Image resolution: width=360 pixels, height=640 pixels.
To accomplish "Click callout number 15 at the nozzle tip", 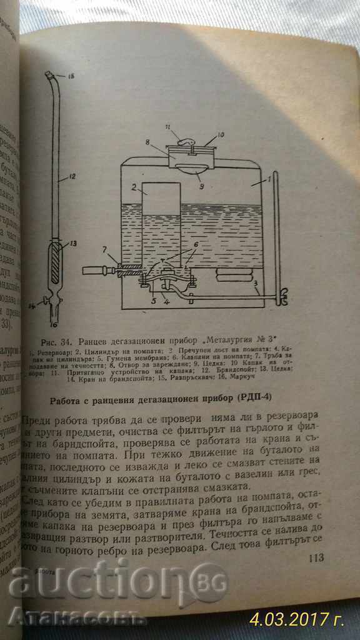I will pyautogui.click(x=70, y=77).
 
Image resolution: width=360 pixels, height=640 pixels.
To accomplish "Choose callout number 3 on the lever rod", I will pyautogui.click(x=256, y=284).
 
